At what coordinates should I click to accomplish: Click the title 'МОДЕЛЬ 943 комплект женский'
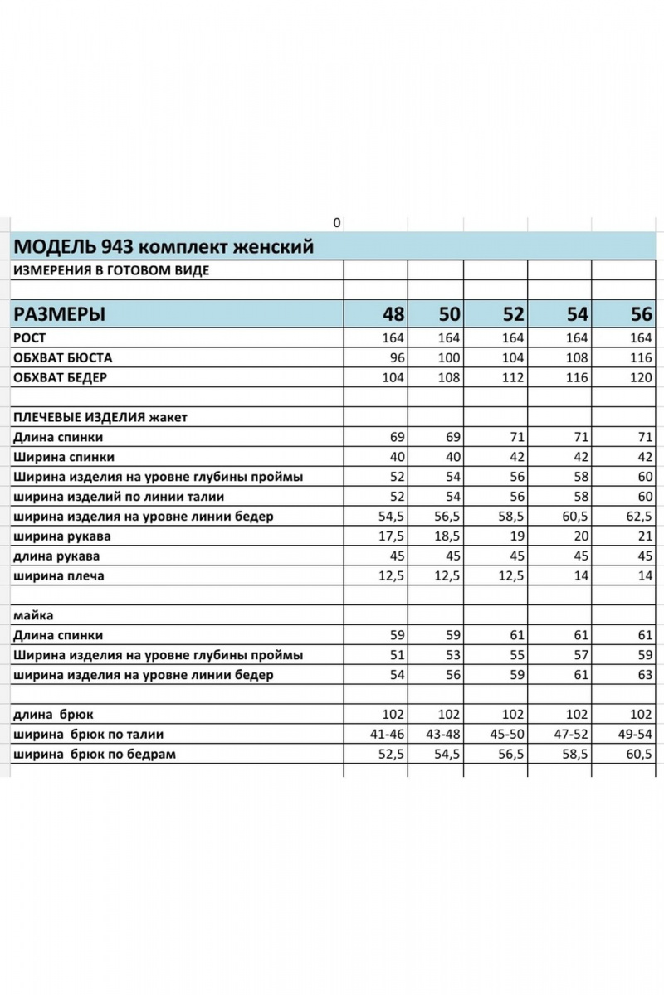(164, 246)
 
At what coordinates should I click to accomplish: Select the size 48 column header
(393, 314)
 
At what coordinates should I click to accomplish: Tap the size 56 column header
(641, 314)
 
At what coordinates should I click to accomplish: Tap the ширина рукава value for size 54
(579, 536)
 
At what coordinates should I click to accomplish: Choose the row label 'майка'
(30, 616)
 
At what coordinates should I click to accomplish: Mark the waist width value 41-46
(386, 735)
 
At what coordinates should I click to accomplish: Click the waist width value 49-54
(636, 735)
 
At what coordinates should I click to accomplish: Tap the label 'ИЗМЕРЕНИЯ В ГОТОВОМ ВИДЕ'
(110, 270)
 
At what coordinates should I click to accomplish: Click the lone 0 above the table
(336, 222)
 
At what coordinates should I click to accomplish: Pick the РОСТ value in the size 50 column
(449, 338)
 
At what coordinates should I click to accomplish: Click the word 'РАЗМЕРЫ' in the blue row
(60, 314)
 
